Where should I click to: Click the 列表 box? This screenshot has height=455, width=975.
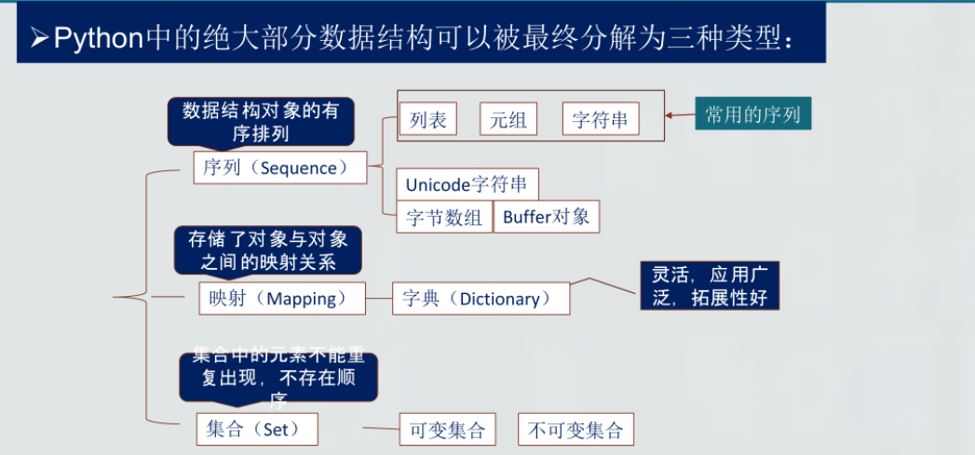[427, 119]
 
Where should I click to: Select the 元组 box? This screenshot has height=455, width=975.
[508, 119]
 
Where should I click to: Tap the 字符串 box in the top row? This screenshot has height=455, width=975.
[600, 119]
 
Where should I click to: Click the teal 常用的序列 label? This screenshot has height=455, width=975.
[752, 114]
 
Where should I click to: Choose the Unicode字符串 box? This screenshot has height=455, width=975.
[467, 183]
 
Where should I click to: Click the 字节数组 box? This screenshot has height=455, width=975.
[444, 217]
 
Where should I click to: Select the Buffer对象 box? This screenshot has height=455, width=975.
[546, 217]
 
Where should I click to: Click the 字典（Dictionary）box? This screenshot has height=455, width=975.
[481, 299]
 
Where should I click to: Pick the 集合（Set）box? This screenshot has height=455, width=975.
[256, 429]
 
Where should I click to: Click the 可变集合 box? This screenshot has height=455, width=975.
[447, 430]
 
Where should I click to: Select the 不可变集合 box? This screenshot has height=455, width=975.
[575, 430]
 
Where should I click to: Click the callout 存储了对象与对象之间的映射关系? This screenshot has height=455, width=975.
[268, 250]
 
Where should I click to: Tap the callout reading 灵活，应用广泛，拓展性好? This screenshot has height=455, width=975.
[709, 286]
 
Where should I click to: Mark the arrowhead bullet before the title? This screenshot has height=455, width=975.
[38, 39]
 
